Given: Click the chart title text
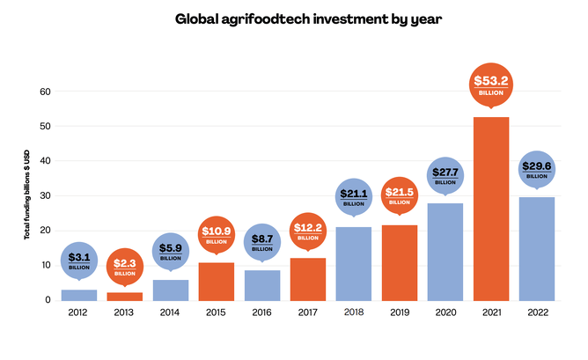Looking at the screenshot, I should tap(294, 18).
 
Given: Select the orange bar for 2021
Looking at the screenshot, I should tap(491, 208).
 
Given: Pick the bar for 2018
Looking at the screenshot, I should tap(354, 263).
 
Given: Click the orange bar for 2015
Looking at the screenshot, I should tap(217, 281).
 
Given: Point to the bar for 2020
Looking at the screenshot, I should tap(445, 251).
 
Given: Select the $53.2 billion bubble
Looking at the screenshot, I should tap(491, 85).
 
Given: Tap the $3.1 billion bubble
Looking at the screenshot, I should tap(79, 261).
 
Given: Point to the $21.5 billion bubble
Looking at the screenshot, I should tap(400, 195).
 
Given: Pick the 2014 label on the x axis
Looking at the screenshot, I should tap(171, 312).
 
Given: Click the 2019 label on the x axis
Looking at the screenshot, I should tap(400, 312).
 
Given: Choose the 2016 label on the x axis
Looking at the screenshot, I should tap(262, 312).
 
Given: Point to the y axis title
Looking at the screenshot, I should tap(26, 195).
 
